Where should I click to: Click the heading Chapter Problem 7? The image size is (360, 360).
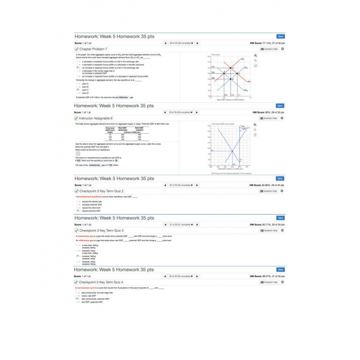[x=94, y=49]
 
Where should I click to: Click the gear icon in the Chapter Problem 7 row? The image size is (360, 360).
[x=282, y=49]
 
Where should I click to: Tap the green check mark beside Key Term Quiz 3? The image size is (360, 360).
[x=76, y=230]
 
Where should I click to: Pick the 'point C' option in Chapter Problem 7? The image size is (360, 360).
[x=85, y=90]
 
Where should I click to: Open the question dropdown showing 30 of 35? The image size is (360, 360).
[x=181, y=185]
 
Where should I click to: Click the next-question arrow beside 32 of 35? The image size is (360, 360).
[x=197, y=276]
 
